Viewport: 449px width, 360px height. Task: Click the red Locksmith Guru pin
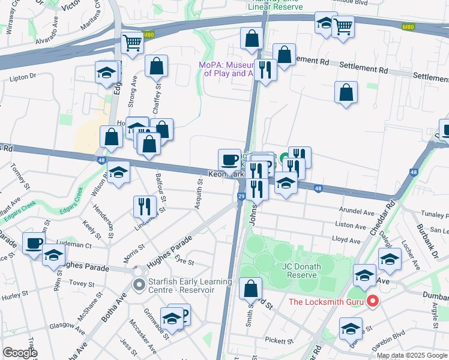372,301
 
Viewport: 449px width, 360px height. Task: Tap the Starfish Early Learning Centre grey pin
139,286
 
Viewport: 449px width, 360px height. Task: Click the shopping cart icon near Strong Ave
131,42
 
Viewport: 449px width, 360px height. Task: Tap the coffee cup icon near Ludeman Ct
34,242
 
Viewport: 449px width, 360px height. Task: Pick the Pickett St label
279,340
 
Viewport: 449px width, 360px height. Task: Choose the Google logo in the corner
20,353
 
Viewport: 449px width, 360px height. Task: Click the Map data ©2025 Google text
412,355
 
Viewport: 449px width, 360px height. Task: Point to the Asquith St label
199,194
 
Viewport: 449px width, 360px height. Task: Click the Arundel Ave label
357,212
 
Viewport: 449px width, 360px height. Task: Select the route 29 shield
241,196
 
